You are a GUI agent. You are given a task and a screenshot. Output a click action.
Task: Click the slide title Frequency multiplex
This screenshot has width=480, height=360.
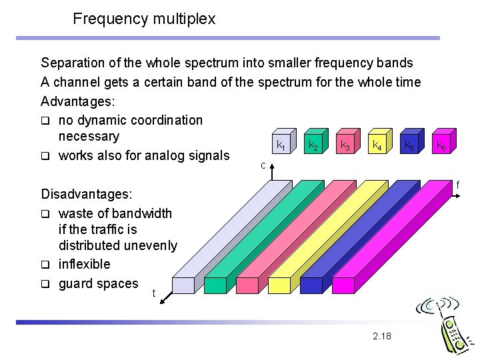coord(144,19)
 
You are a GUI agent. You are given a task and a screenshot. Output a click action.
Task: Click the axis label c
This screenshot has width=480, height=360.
coord(264,165)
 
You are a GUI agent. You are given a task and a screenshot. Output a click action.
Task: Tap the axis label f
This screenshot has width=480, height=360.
coord(457,184)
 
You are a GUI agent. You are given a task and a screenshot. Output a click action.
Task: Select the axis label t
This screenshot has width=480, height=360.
coord(154,293)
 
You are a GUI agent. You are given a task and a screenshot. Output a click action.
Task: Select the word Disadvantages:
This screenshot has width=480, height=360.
coord(87,194)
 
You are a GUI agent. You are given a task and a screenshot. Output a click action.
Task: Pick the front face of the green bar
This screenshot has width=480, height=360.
coord(215,285)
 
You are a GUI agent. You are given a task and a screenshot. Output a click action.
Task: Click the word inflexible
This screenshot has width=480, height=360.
coord(85,264)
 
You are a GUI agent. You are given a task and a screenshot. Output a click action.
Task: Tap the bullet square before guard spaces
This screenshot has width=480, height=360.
coord(45,284)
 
